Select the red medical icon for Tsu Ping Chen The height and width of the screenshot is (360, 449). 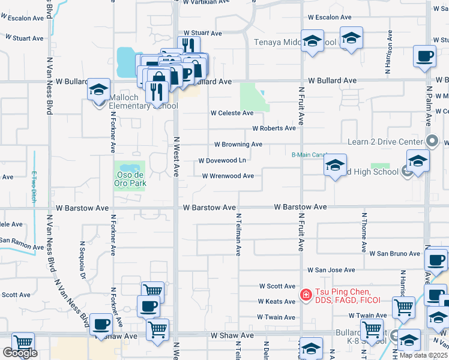305,295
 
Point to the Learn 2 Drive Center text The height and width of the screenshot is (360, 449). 385,142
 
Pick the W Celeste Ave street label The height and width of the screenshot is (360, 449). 232,113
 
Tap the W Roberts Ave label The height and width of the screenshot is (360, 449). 274,128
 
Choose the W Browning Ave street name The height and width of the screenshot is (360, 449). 238,145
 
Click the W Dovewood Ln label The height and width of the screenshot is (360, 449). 222,161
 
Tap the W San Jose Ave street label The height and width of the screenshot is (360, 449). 331,271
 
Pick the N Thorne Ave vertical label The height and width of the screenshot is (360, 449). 364,231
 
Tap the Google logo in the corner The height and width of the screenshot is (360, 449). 20,353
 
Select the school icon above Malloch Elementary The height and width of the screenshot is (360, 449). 99,90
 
